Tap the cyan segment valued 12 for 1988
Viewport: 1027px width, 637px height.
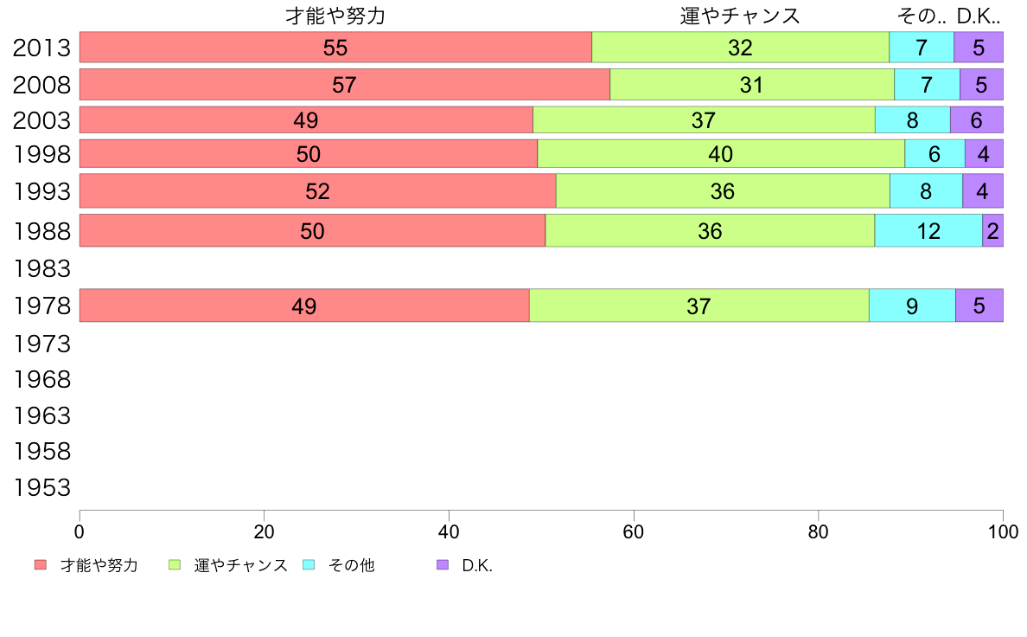pos(928,231)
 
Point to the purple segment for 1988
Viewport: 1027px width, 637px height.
pos(992,231)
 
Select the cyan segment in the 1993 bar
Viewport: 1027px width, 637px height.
pos(926,191)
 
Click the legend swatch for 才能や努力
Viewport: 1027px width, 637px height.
pos(41,565)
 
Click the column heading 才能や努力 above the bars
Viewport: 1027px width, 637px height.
pos(335,16)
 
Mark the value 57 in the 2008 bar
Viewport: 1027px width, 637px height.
pos(344,85)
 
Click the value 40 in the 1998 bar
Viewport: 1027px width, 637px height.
pos(720,154)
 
